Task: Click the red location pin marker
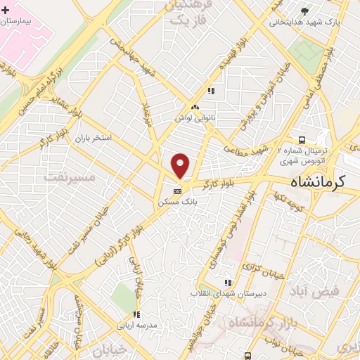(181, 166)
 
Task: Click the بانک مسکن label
(177, 200)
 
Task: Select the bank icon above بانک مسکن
(177, 190)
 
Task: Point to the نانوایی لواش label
(194, 117)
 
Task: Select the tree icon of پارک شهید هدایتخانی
(304, 11)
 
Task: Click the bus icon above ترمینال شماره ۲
(301, 139)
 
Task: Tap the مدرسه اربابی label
(136, 325)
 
